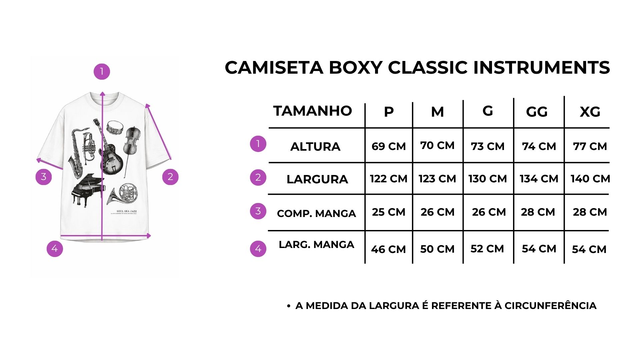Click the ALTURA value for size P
pyautogui.click(x=389, y=146)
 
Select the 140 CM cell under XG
pyautogui.click(x=590, y=179)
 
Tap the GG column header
pyautogui.click(x=537, y=112)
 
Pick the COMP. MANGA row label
pyautogui.click(x=316, y=213)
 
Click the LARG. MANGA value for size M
pyautogui.click(x=437, y=249)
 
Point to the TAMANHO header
pyautogui.click(x=313, y=111)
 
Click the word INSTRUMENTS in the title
pyautogui.click(x=542, y=68)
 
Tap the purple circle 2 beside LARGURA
pyautogui.click(x=258, y=177)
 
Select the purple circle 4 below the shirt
pyautogui.click(x=55, y=249)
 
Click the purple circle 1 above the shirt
pyautogui.click(x=102, y=72)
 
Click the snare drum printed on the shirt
pyautogui.click(x=115, y=127)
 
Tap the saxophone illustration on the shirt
pyautogui.click(x=76, y=152)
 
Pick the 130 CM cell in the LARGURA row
pyautogui.click(x=487, y=179)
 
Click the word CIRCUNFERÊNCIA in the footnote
pyautogui.click(x=550, y=306)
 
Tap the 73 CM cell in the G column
pyautogui.click(x=488, y=146)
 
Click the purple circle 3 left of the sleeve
pyautogui.click(x=44, y=177)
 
